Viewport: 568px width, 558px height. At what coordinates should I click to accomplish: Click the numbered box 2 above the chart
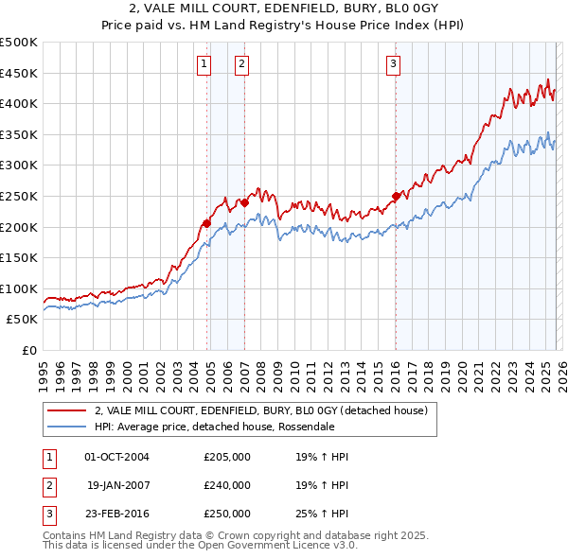[242, 64]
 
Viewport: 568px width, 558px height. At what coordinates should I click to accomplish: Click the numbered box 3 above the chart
[393, 64]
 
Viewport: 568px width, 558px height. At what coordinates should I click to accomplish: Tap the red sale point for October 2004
[205, 224]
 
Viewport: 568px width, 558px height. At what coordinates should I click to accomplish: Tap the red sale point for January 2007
[244, 202]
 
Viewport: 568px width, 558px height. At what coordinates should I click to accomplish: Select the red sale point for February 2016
[396, 197]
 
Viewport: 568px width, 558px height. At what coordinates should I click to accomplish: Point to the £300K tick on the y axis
[19, 166]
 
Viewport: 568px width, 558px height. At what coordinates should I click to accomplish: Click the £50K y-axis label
[22, 320]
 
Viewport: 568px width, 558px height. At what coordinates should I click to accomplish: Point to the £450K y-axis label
[19, 73]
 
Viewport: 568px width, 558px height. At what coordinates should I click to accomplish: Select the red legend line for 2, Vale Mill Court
[65, 411]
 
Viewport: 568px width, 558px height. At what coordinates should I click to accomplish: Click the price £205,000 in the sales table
[227, 457]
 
